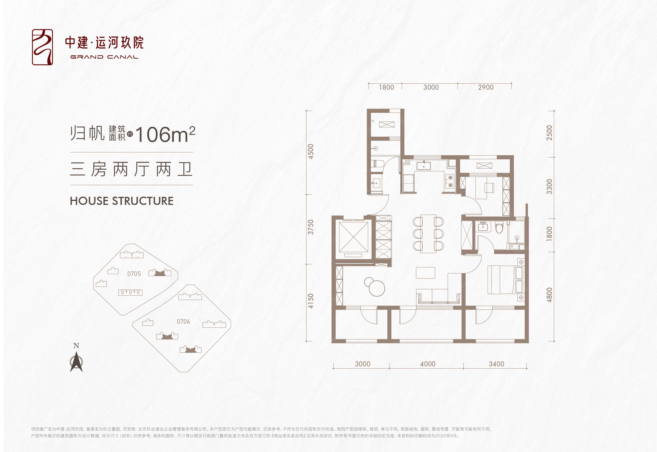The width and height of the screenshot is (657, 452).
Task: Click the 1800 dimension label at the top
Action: click(386, 87)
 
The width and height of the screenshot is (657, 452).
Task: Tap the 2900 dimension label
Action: click(486, 87)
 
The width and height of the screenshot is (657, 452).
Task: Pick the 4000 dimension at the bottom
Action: click(428, 364)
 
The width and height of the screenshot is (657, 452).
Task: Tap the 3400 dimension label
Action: click(497, 364)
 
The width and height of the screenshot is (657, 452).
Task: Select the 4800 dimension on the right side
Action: click(549, 295)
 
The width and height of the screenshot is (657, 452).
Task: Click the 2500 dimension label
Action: click(549, 133)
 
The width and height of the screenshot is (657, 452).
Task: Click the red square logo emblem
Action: click(42, 47)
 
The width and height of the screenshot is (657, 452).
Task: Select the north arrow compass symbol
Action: click(76, 361)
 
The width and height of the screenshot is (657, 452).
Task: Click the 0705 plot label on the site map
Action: click(134, 274)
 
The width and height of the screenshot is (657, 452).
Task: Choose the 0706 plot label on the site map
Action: click(184, 321)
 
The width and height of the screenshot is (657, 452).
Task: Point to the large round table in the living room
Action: click(376, 288)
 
